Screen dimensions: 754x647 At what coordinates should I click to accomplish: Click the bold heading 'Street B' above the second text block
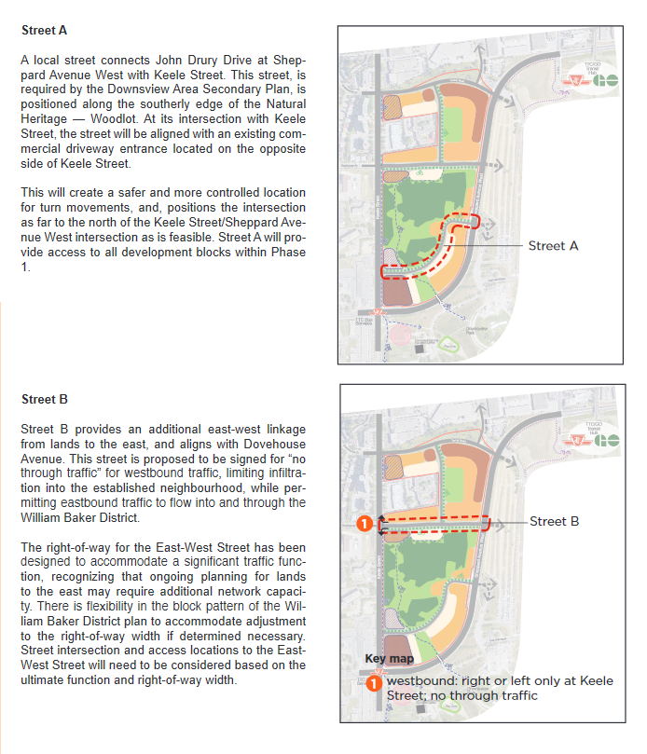(x=44, y=400)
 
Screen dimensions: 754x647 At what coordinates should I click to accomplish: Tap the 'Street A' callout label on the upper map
(x=553, y=246)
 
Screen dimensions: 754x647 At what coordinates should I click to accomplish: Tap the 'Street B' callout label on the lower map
(x=554, y=521)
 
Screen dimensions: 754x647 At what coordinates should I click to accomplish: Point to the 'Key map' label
(x=389, y=658)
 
